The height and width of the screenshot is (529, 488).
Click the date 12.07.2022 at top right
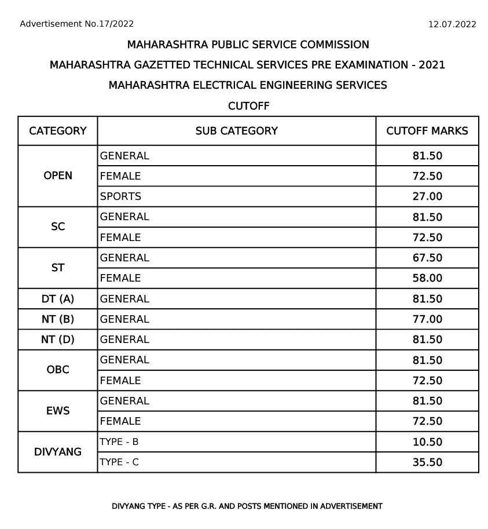click(x=452, y=24)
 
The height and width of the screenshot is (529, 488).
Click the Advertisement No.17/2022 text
click(x=77, y=24)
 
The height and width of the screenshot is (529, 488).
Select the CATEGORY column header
click(x=58, y=131)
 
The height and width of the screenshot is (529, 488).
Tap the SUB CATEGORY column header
click(x=236, y=131)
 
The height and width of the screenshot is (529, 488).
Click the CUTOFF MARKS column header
click(x=427, y=131)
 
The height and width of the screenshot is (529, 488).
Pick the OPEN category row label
click(x=58, y=176)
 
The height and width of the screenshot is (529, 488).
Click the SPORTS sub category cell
click(x=120, y=196)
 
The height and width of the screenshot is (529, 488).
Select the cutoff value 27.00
click(x=427, y=196)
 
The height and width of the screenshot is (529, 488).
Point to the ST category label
click(x=58, y=268)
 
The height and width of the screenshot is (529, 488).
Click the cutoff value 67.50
click(x=427, y=258)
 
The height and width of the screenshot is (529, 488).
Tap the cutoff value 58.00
click(x=427, y=278)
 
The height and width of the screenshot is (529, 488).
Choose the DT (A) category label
click(x=58, y=299)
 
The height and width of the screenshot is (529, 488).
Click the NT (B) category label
click(x=58, y=319)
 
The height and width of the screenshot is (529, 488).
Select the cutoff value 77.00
click(x=427, y=319)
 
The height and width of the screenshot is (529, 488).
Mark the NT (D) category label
click(x=58, y=340)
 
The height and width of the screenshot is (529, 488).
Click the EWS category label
click(x=58, y=411)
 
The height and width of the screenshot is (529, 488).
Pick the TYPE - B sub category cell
click(x=119, y=442)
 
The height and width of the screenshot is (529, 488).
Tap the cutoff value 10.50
click(x=427, y=442)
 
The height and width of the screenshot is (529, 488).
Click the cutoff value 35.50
click(x=427, y=462)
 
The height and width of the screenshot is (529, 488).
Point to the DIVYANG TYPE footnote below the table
click(x=247, y=506)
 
